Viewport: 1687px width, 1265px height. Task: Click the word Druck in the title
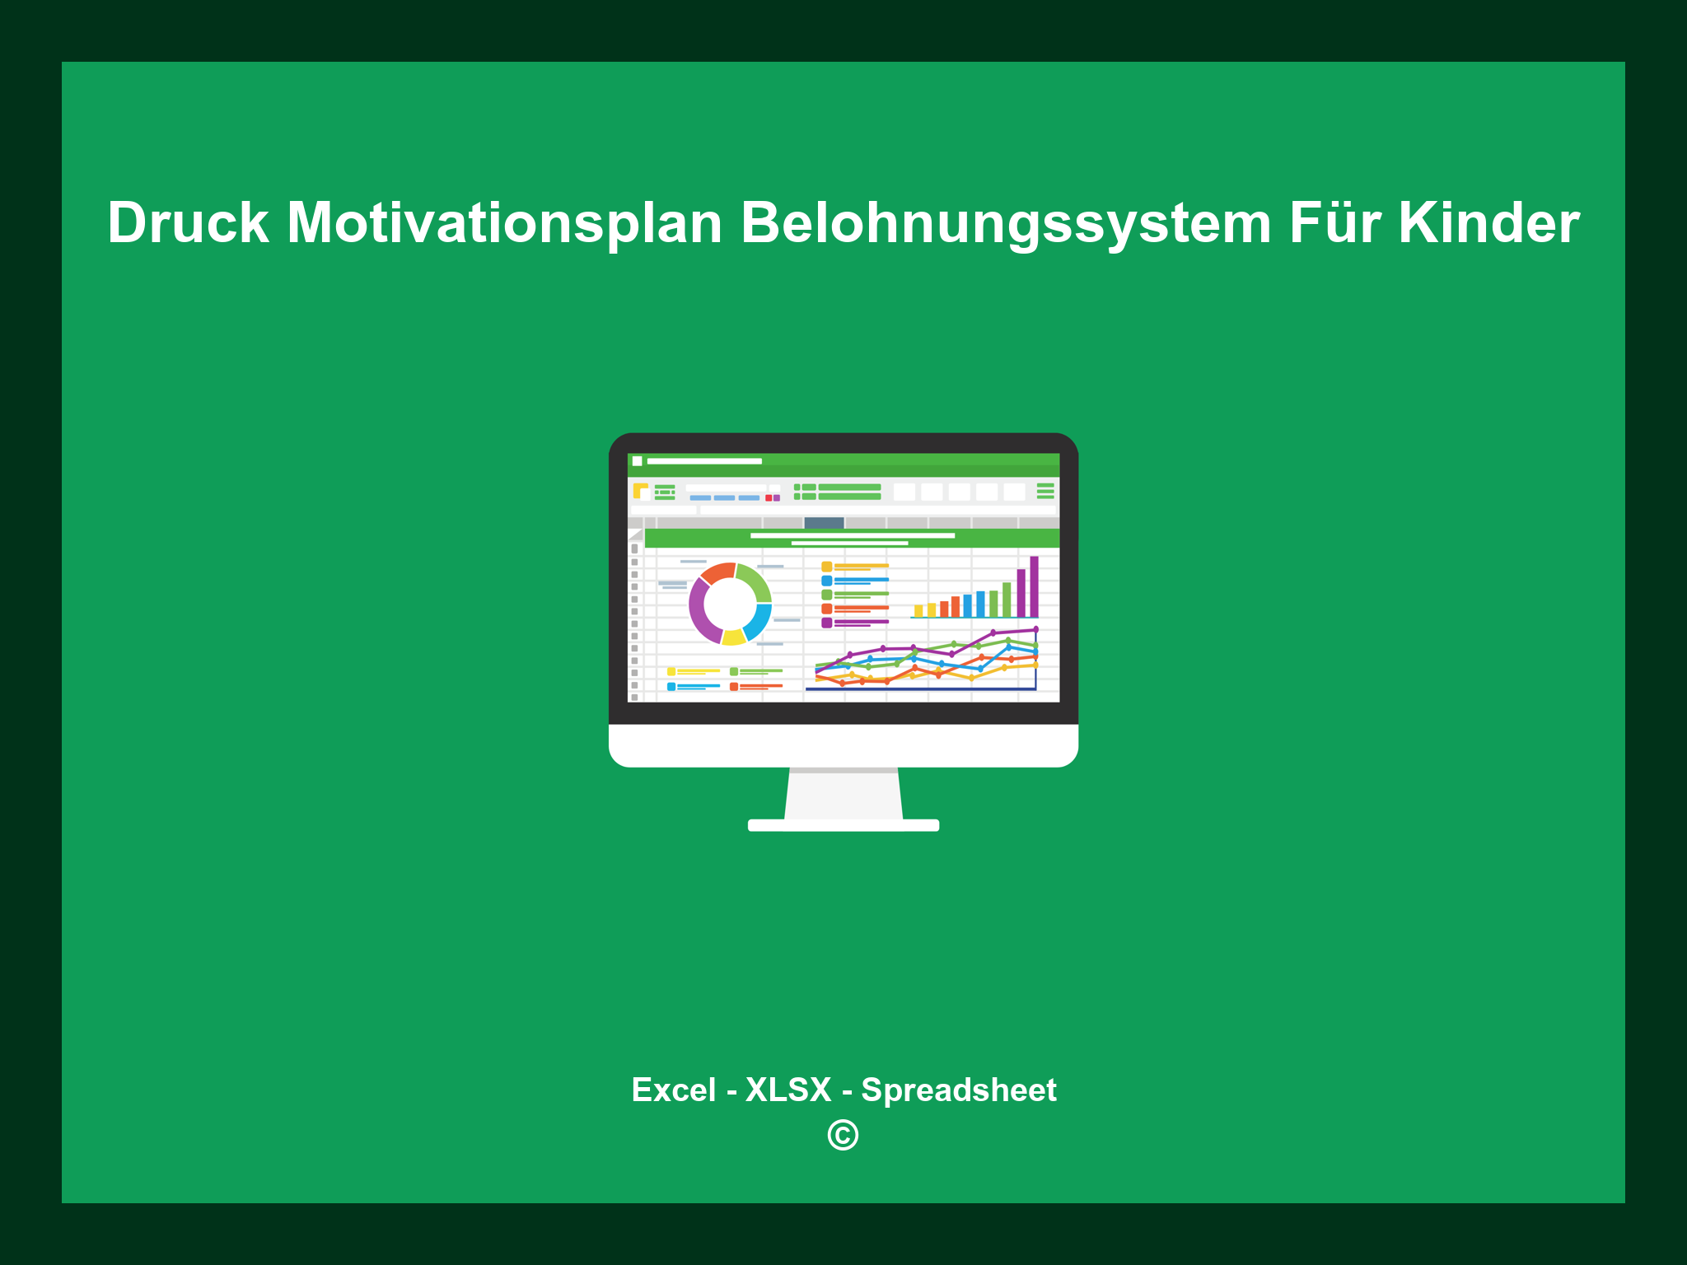point(188,223)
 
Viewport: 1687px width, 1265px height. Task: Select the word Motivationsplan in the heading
point(504,223)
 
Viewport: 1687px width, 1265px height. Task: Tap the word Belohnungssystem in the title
point(1006,223)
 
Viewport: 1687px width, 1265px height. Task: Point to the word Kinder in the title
point(1488,223)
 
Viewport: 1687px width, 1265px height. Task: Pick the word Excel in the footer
point(673,1090)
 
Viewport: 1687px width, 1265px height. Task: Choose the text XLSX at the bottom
point(788,1090)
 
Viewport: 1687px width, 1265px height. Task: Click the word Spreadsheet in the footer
point(958,1090)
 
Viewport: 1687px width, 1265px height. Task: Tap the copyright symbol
point(843,1135)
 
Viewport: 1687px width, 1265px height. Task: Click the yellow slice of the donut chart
point(733,637)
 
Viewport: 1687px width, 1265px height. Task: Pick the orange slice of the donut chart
point(717,572)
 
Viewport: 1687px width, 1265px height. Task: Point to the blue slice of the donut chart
point(759,621)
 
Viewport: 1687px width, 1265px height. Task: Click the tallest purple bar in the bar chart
point(1034,586)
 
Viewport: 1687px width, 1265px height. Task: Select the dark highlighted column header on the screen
point(824,522)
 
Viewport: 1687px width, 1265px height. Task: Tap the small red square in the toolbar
point(769,497)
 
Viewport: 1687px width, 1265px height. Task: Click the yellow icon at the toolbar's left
point(640,491)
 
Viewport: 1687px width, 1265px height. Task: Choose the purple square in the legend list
point(826,623)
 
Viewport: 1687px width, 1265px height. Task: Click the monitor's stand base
point(843,825)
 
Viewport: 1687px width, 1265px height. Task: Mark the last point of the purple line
point(1035,629)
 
